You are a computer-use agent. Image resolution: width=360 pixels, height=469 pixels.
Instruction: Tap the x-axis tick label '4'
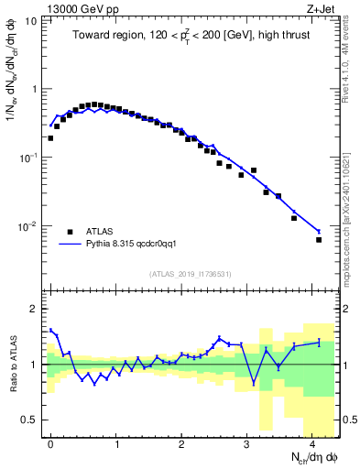312,443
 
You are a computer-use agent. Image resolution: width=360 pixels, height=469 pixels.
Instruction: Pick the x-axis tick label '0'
50,443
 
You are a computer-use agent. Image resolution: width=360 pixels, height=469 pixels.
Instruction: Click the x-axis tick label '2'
181,443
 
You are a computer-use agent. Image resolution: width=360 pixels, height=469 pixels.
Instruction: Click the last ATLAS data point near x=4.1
319,240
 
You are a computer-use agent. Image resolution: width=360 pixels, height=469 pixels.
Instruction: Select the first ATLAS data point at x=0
50,138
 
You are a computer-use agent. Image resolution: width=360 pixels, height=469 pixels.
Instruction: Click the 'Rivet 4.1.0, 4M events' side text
349,55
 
